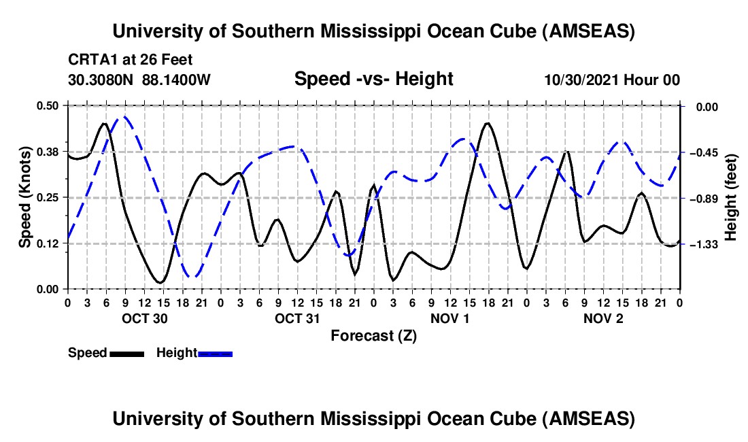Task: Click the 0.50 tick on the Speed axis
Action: tap(49, 105)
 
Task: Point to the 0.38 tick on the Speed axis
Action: tap(49, 151)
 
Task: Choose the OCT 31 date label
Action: tap(297, 318)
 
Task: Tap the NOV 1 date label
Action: tap(451, 318)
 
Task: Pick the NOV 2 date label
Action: tap(603, 318)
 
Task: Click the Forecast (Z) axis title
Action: tap(373, 335)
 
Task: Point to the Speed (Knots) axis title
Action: tap(24, 197)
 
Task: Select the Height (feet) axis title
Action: tap(731, 197)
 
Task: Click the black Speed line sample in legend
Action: tap(126, 353)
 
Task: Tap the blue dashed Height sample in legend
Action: tap(216, 353)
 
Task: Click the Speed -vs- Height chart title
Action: tap(373, 79)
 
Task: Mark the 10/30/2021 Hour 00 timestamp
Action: tap(612, 80)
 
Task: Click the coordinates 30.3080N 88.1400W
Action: tap(139, 80)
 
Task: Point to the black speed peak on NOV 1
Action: tap(488, 124)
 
